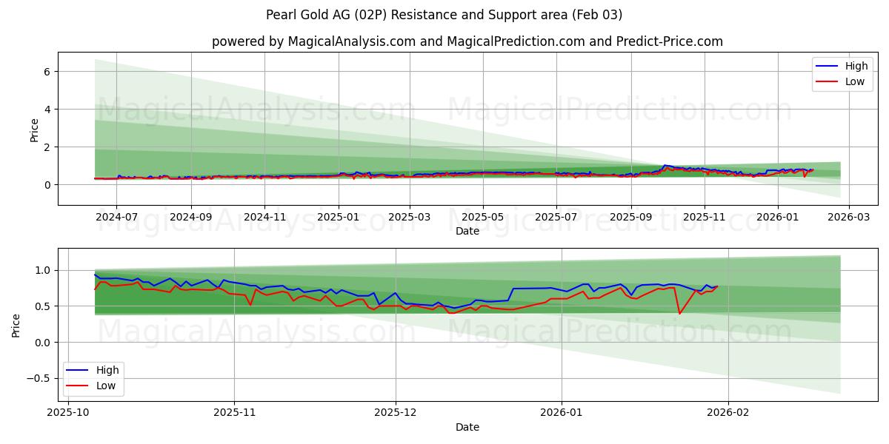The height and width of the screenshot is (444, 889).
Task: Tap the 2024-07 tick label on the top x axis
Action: pos(116,218)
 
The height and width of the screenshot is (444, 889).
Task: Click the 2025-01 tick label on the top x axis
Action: pos(339,218)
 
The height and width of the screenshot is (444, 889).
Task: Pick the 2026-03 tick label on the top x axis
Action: pos(848,218)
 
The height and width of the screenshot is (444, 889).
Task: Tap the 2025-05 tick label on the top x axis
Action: pos(483,218)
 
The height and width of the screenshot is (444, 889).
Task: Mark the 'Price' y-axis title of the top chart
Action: pos(34,130)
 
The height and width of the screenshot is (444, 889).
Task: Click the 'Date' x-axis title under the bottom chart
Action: pos(467,427)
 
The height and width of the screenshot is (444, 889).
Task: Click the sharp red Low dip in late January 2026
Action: pos(679,313)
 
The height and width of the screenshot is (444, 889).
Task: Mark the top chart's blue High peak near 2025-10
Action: pos(665,165)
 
